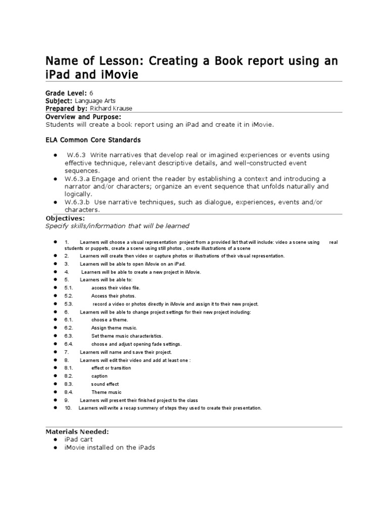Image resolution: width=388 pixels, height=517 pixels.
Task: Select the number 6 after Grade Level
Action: pyautogui.click(x=91, y=93)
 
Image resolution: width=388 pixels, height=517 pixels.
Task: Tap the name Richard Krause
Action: pyautogui.click(x=112, y=109)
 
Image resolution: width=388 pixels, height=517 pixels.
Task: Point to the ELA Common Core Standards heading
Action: pyautogui.click(x=93, y=140)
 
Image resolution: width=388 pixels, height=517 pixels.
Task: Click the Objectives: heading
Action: pyautogui.click(x=65, y=218)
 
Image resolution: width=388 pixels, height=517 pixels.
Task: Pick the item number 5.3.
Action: pyautogui.click(x=69, y=304)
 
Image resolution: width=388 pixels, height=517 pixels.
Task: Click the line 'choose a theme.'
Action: pyautogui.click(x=110, y=320)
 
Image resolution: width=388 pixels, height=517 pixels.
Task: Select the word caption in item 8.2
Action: pyautogui.click(x=100, y=376)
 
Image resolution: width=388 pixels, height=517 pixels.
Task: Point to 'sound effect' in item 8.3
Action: pyautogui.click(x=105, y=384)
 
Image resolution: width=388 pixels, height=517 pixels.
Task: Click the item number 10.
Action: pyautogui.click(x=68, y=408)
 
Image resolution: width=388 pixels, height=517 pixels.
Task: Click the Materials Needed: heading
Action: pyautogui.click(x=77, y=432)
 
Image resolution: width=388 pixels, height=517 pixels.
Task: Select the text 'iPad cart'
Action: pyautogui.click(x=78, y=440)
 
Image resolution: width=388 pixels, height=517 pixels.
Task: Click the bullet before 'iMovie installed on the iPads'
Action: pyautogui.click(x=54, y=448)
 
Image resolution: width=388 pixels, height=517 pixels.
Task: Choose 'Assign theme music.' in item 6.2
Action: pyautogui.click(x=114, y=328)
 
